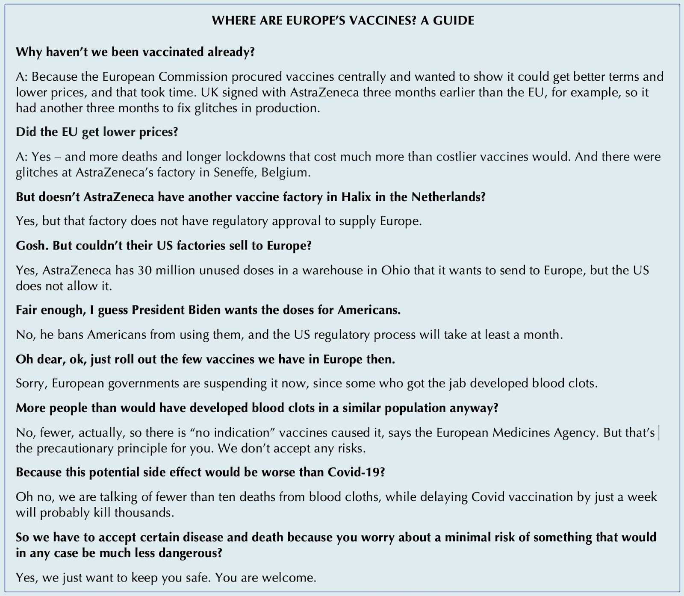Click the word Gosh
click(x=29, y=246)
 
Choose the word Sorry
click(x=31, y=383)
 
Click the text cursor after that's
click(x=659, y=433)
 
